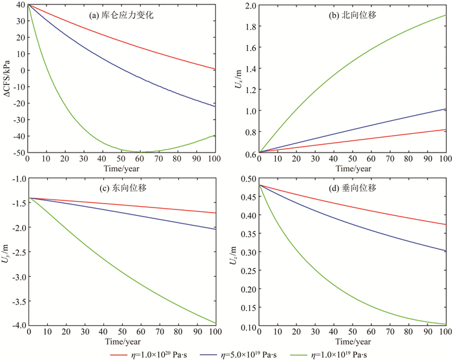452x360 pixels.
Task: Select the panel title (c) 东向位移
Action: click(x=121, y=188)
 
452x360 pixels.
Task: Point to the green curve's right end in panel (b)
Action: click(x=445, y=15)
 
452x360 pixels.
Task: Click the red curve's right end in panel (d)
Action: click(x=445, y=225)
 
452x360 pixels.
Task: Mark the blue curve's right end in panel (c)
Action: click(x=214, y=229)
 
